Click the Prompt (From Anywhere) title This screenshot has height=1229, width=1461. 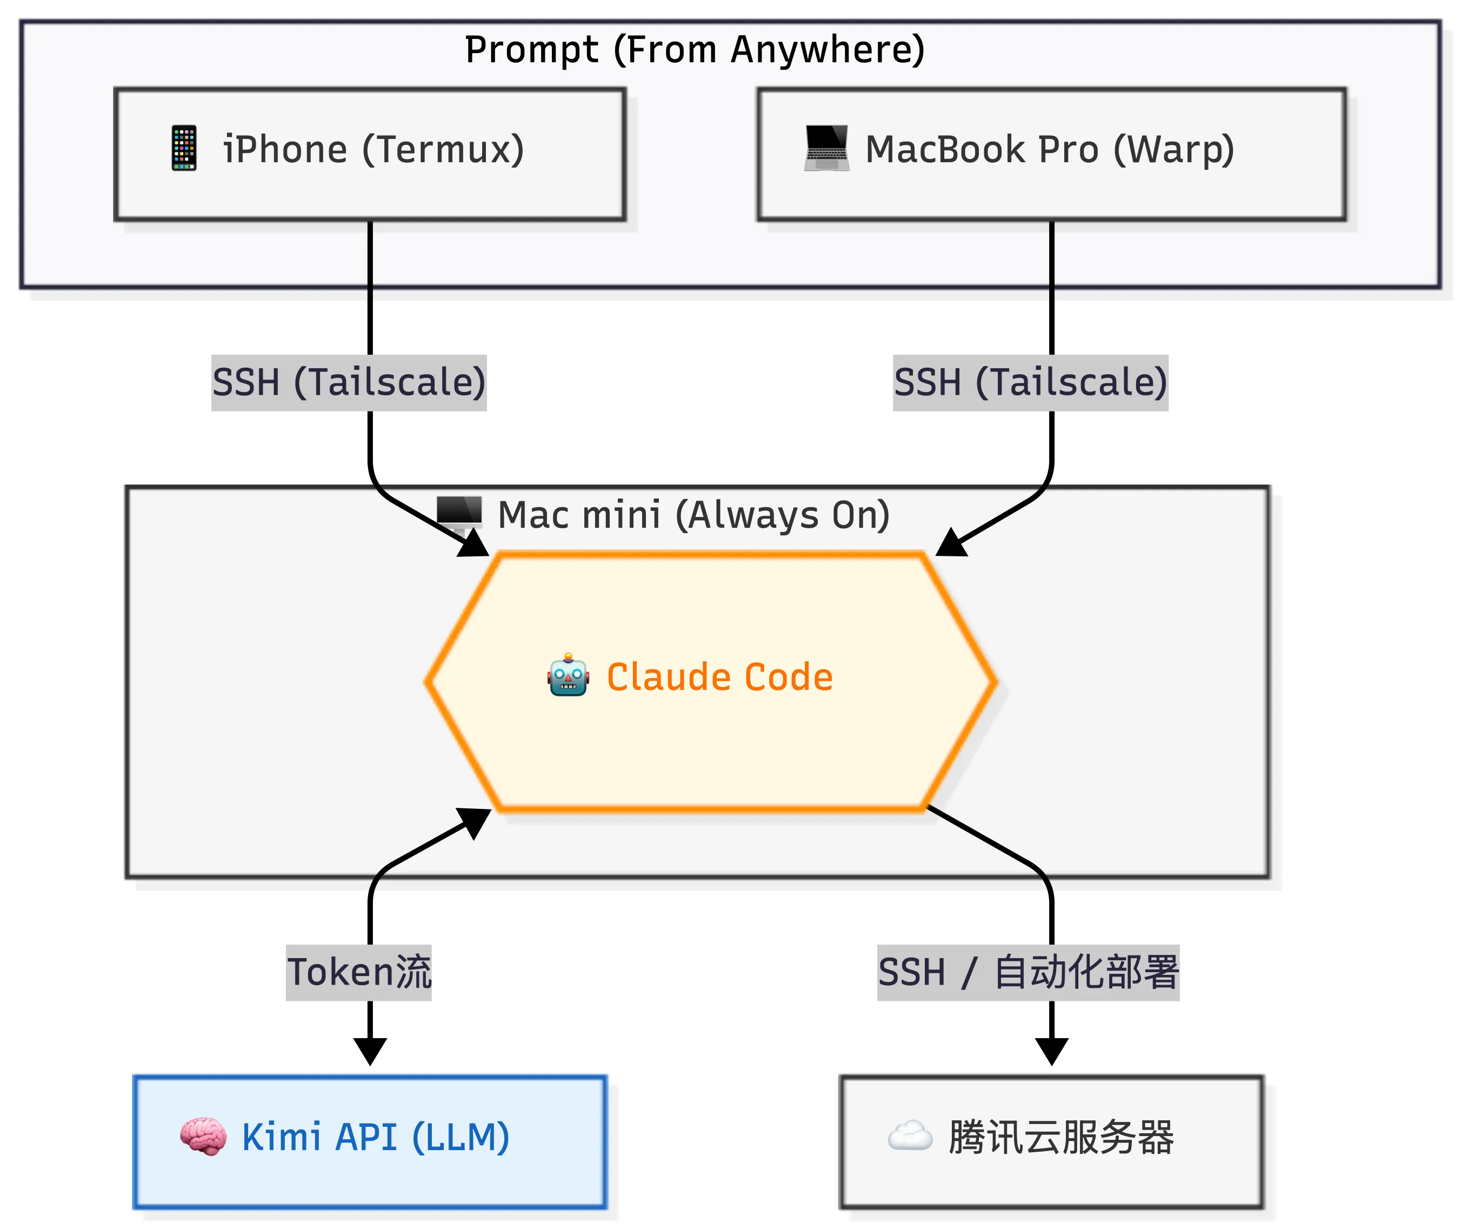(x=695, y=50)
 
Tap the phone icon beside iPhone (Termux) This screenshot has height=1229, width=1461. (x=184, y=148)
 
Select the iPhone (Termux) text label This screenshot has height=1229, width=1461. (x=373, y=150)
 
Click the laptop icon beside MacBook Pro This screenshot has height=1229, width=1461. (x=826, y=148)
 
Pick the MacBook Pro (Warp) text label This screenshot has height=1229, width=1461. (x=1050, y=150)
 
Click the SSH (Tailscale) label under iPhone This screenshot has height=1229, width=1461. (x=349, y=382)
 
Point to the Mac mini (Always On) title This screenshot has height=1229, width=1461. (x=693, y=516)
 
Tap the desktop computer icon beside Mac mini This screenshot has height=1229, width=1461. (x=459, y=514)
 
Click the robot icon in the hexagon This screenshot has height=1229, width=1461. (x=568, y=675)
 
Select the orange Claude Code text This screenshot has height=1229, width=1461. (x=719, y=677)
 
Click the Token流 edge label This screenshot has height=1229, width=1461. (x=359, y=973)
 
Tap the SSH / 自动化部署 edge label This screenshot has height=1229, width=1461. (x=1028, y=973)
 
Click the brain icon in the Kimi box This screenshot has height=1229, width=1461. (x=203, y=1137)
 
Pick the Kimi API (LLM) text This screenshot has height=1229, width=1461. (x=375, y=1138)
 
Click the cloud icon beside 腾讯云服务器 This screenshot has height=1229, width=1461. (x=910, y=1137)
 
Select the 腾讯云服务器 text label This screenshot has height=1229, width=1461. (x=1060, y=1138)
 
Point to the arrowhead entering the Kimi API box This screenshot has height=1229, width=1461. (x=370, y=1051)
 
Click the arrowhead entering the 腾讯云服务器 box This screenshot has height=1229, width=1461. (x=1051, y=1051)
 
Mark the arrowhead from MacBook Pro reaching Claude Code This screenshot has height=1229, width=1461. (x=951, y=543)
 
